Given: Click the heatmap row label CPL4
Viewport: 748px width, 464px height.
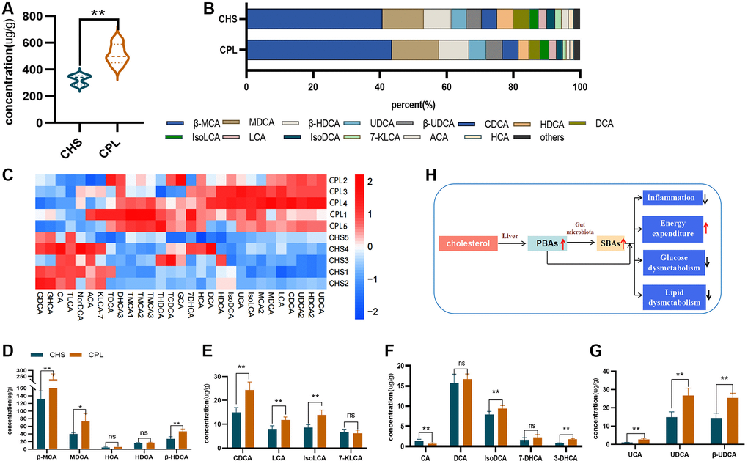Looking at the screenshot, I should (x=338, y=202).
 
